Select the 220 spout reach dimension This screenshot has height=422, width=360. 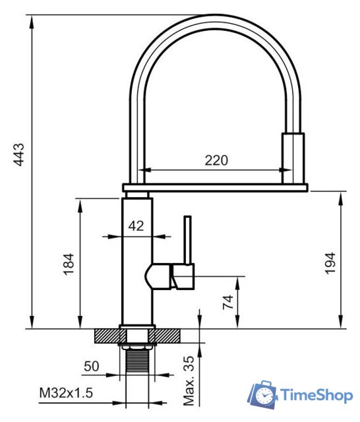pos(216,160)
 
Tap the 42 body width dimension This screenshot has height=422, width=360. pos(136,226)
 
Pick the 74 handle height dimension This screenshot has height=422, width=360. pos(227,302)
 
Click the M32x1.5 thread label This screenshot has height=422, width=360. pos(66,393)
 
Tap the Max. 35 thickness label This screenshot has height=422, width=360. pos(189,381)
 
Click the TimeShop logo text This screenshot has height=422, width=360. pos(317,395)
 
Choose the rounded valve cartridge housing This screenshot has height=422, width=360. pos(157,276)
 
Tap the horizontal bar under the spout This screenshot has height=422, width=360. pos(215,188)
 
